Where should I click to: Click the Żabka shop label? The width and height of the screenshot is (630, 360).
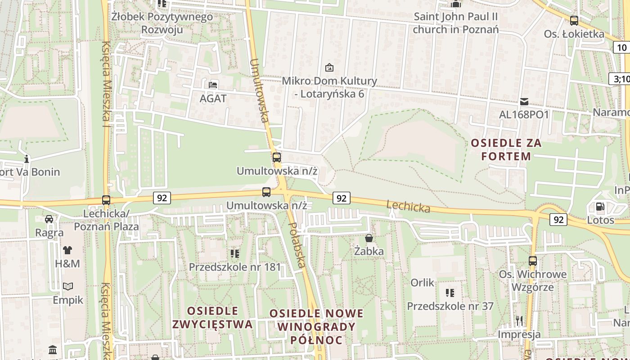coord(369,251)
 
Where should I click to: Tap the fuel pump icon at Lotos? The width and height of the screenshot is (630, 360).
coord(600,207)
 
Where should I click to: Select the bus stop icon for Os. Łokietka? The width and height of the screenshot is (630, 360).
coord(574,20)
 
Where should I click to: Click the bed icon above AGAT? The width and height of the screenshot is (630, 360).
coord(213,85)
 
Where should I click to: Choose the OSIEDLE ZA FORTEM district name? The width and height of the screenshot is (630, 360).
coord(506,149)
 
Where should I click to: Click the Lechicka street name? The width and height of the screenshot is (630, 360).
coord(408,207)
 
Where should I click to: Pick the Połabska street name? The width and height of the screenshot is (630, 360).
coord(297,245)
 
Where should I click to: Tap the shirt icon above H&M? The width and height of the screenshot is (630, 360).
coord(67,250)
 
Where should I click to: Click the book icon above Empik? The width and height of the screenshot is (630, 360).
coord(68,286)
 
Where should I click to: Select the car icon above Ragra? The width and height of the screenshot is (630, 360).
coord(49,219)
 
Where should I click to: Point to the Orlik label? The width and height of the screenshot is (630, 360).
coord(423,283)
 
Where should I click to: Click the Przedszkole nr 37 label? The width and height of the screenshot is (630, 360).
coord(450,306)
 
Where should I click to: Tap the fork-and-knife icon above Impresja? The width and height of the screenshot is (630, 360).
coord(519,321)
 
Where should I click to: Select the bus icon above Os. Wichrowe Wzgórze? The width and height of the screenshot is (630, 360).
coord(533,261)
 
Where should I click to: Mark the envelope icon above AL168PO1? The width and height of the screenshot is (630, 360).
coord(524,102)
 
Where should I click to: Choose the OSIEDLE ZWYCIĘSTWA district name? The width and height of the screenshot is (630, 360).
coord(212,317)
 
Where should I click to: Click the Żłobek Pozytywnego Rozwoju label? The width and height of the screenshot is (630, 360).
coord(162,23)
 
